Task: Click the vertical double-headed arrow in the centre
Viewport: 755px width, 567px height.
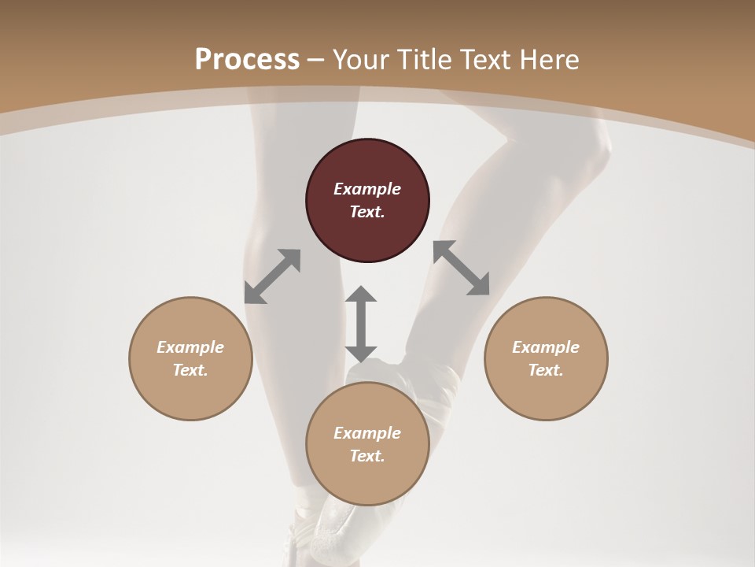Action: [361, 324]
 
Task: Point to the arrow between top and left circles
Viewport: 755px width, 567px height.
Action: [272, 276]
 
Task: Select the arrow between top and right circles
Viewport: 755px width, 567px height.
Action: [462, 268]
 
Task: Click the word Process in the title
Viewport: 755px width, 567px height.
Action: [247, 59]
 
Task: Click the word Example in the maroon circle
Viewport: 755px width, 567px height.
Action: [367, 189]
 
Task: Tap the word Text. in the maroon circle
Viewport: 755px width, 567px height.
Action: [367, 212]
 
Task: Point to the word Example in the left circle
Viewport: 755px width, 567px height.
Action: [190, 347]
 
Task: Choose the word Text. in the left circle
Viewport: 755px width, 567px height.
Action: [190, 370]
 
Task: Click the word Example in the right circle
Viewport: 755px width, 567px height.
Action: [546, 347]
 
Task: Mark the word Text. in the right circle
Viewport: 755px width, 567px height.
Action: [546, 370]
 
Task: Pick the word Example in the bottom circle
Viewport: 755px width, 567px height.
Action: [367, 433]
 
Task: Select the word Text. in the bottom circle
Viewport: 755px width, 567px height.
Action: [367, 456]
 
